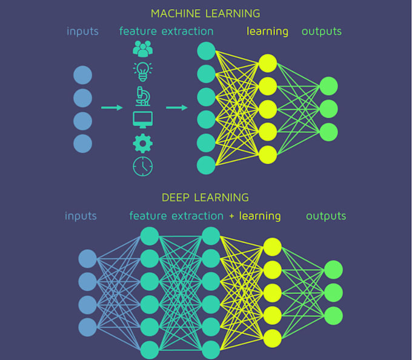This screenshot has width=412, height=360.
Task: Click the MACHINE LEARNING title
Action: coord(205,13)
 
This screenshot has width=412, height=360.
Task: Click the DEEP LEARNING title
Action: coord(205,198)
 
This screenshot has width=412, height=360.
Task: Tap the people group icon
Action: coord(143,49)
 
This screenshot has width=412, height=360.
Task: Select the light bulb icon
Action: coord(143,71)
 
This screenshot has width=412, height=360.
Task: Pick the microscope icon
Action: coord(143,96)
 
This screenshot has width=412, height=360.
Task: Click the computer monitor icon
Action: coord(143,119)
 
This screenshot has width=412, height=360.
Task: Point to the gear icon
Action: coord(143,143)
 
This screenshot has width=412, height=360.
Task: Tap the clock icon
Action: coord(143,166)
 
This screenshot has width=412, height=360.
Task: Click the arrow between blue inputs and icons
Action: coord(111,108)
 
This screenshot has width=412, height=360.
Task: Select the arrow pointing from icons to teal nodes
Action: coord(177,108)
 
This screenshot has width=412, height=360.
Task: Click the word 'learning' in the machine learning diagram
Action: coord(267,31)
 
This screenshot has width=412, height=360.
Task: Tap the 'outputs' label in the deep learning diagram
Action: coord(326,216)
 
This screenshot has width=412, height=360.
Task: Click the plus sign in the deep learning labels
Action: coord(231,216)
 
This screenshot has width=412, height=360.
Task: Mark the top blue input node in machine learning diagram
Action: coord(83,75)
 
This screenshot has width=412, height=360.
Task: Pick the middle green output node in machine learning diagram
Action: coord(328,109)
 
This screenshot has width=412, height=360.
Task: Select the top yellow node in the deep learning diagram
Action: coord(273,247)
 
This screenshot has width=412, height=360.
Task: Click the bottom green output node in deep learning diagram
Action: coord(333,316)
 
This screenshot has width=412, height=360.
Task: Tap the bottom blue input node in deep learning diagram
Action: coord(88,327)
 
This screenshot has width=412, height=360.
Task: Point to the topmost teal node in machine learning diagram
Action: coord(207,51)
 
